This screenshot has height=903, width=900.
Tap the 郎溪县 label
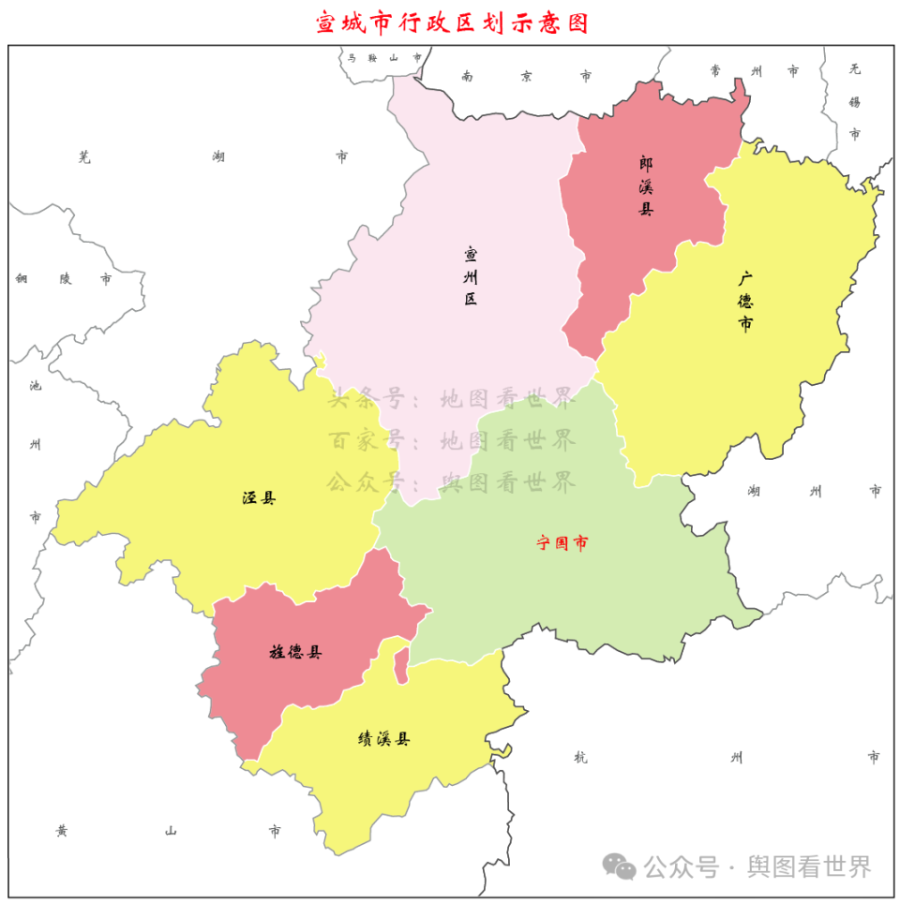click(x=646, y=185)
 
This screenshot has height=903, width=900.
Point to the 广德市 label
click(x=746, y=302)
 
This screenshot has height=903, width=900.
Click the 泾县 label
click(x=259, y=498)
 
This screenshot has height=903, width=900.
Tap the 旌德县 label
click(x=295, y=652)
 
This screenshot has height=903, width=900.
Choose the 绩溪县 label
click(x=383, y=739)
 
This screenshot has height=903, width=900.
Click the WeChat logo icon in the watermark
click(x=619, y=866)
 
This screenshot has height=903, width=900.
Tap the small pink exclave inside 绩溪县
click(x=400, y=668)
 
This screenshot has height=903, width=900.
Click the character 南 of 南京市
click(x=467, y=76)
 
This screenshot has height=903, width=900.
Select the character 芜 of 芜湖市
click(x=85, y=157)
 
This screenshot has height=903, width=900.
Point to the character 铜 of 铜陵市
click(x=22, y=278)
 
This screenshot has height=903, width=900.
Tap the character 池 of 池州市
click(x=36, y=385)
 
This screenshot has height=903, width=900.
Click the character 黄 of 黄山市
click(x=61, y=831)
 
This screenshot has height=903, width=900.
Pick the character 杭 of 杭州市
click(x=580, y=757)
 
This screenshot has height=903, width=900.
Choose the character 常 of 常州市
click(x=716, y=71)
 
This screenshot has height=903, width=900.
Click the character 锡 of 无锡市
click(x=854, y=101)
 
